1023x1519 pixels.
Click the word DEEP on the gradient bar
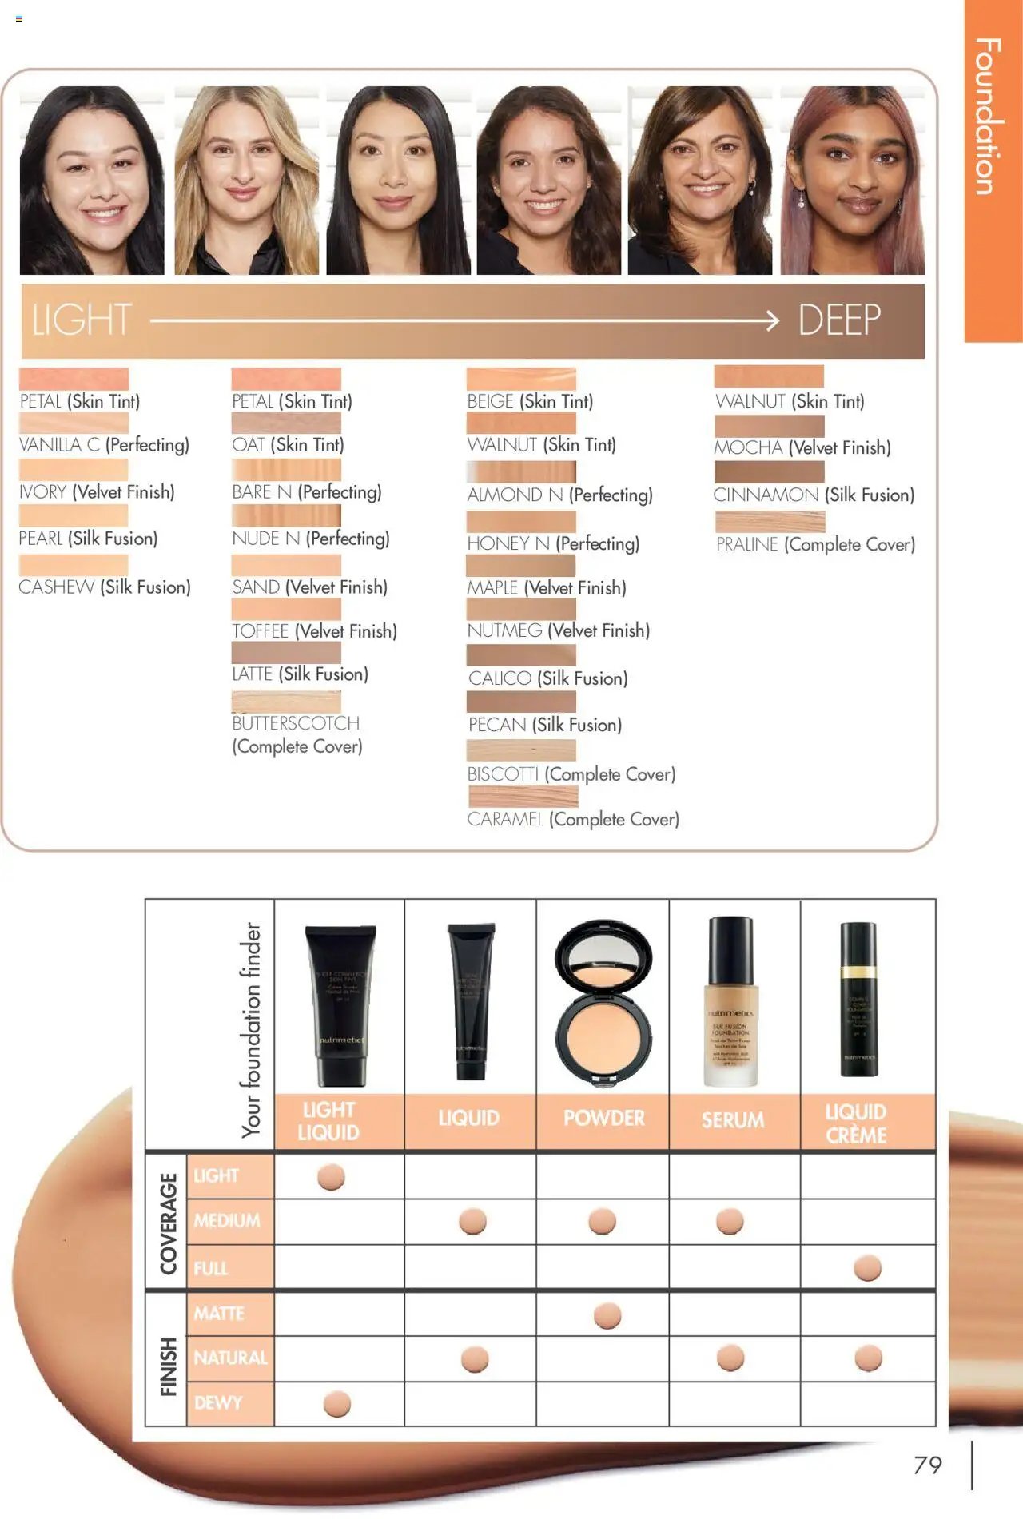coord(838,320)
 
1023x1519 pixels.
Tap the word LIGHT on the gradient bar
coord(82,320)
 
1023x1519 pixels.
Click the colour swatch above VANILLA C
coord(74,422)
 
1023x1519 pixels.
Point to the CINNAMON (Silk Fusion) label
coord(814,495)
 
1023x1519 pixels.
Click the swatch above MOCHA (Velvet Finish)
coord(769,426)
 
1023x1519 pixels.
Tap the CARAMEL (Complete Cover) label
coord(573,819)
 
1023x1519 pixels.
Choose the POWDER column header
coord(603,1118)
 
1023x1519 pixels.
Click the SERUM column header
coord(733,1119)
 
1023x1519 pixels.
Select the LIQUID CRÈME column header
coord(856,1123)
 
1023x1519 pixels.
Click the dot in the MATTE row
coord(607,1315)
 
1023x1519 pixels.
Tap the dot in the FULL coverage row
coord(867,1268)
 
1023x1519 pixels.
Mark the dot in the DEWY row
coord(336,1404)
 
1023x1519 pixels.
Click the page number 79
coord(927,1465)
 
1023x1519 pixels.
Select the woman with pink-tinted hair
coord(853,180)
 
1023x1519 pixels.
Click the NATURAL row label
coord(230,1358)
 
